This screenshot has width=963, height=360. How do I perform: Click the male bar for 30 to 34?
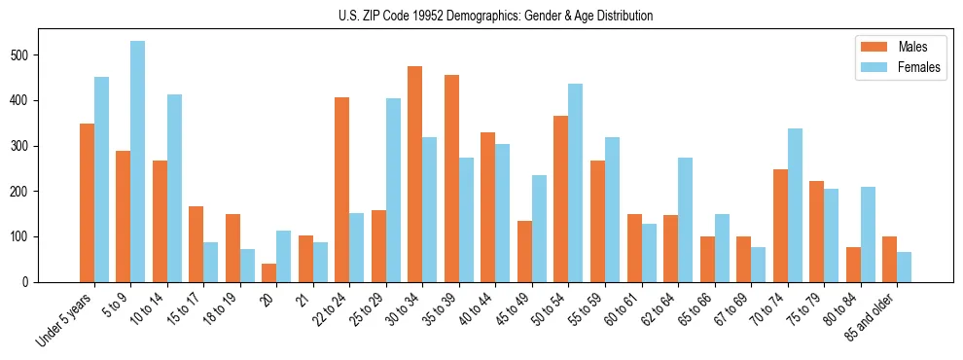(415, 174)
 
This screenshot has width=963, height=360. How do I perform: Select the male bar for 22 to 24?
(342, 190)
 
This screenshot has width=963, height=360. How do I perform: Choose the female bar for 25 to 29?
(393, 190)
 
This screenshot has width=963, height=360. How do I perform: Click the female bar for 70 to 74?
(795, 205)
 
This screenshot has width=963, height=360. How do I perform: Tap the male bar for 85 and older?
(889, 259)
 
